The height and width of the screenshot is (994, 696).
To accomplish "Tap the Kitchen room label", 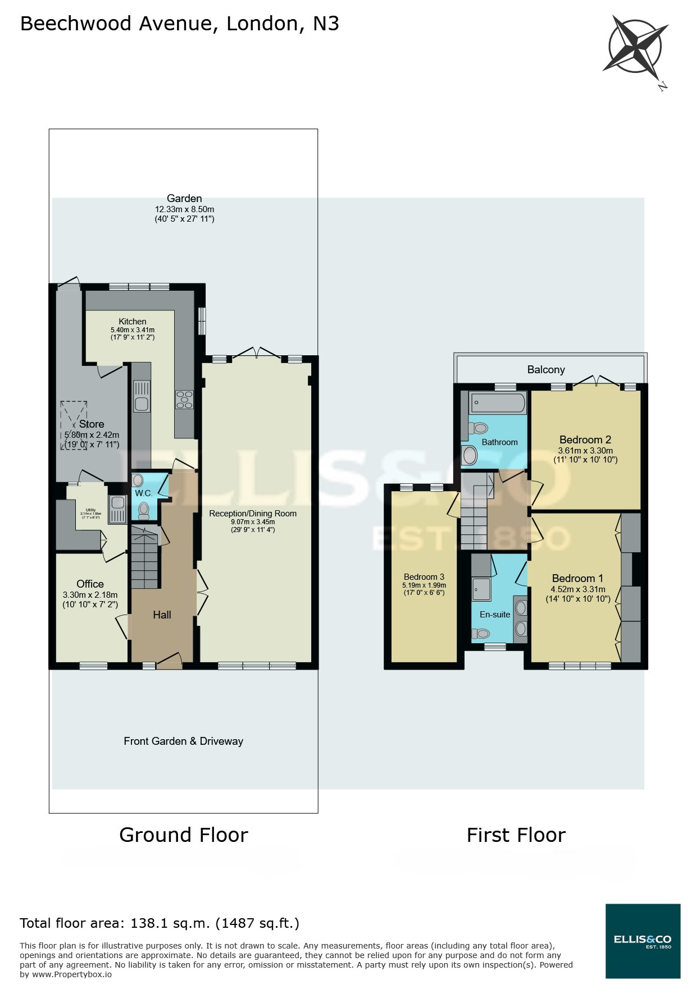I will pos(133,322).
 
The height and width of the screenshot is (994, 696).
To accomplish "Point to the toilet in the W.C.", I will pos(144,510).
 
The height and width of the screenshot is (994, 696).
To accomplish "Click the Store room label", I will pos(92,424).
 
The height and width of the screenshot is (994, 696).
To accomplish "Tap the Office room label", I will pos(90,584).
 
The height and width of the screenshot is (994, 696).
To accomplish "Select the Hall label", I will pos(162,615).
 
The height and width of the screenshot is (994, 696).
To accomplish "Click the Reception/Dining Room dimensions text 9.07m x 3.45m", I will pos(253,521).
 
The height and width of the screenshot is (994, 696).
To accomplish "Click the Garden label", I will pos(184,198).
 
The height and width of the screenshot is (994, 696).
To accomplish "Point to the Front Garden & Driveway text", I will pos(184,741).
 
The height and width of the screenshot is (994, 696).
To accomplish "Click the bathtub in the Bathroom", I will pos(498,402).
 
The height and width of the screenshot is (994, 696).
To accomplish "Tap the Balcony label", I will pos(546,369).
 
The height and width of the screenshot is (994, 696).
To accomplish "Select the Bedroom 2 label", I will pos(585,439).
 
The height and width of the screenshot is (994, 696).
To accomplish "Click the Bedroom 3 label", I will pos(424,577).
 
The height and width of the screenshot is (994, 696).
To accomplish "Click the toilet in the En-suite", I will pos(481,634).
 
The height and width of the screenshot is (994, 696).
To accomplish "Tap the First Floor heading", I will pos(516,835).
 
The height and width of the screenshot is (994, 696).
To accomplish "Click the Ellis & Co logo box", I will pos(643,941).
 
